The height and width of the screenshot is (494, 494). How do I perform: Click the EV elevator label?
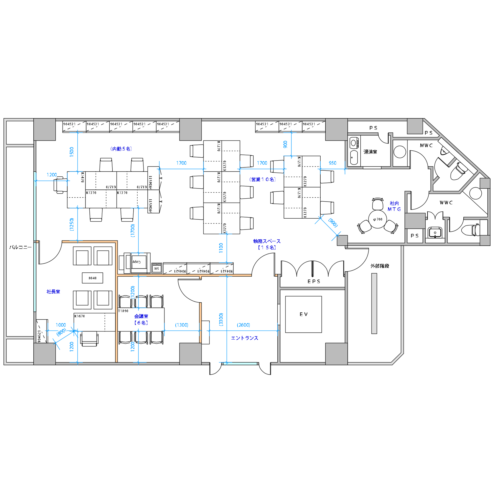click(x=304, y=314)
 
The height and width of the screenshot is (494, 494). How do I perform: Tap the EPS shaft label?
click(x=314, y=282)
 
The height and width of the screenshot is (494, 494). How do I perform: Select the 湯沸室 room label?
click(x=370, y=152)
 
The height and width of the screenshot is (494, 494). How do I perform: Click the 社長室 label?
click(x=53, y=291)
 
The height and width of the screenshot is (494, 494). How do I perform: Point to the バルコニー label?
click(x=21, y=247)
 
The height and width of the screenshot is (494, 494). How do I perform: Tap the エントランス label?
click(x=245, y=338)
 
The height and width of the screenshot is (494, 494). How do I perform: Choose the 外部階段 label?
click(x=380, y=266)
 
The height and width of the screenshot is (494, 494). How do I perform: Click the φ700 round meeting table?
click(x=378, y=219)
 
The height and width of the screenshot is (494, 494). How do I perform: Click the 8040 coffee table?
click(x=92, y=278)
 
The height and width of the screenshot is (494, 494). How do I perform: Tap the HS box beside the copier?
click(x=157, y=268)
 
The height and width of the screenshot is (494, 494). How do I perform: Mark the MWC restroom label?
click(x=426, y=145)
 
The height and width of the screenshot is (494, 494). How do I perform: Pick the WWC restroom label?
click(x=446, y=203)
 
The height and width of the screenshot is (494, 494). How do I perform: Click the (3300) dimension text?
click(x=221, y=319)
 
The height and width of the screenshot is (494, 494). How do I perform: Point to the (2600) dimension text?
click(x=244, y=325)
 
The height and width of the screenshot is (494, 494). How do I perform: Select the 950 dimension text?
click(x=332, y=163)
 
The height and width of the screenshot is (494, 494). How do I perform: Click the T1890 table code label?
click(x=123, y=311)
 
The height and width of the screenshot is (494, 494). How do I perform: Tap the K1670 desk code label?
click(x=80, y=316)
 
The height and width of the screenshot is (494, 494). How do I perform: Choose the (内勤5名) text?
click(x=121, y=149)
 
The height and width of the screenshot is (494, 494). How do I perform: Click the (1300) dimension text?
click(x=182, y=325)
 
